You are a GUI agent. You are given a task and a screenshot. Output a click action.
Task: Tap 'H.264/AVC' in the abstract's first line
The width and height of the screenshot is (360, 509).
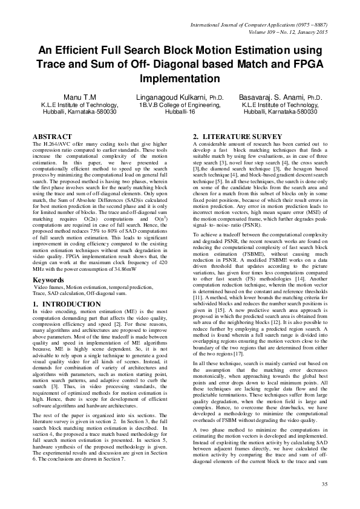pyautogui.click(x=53, y=145)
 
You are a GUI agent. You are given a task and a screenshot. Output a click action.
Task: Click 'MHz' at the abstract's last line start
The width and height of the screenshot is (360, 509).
pyautogui.click(x=38, y=271)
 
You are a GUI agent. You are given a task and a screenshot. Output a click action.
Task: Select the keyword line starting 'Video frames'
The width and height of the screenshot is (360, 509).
pyautogui.click(x=97, y=288)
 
